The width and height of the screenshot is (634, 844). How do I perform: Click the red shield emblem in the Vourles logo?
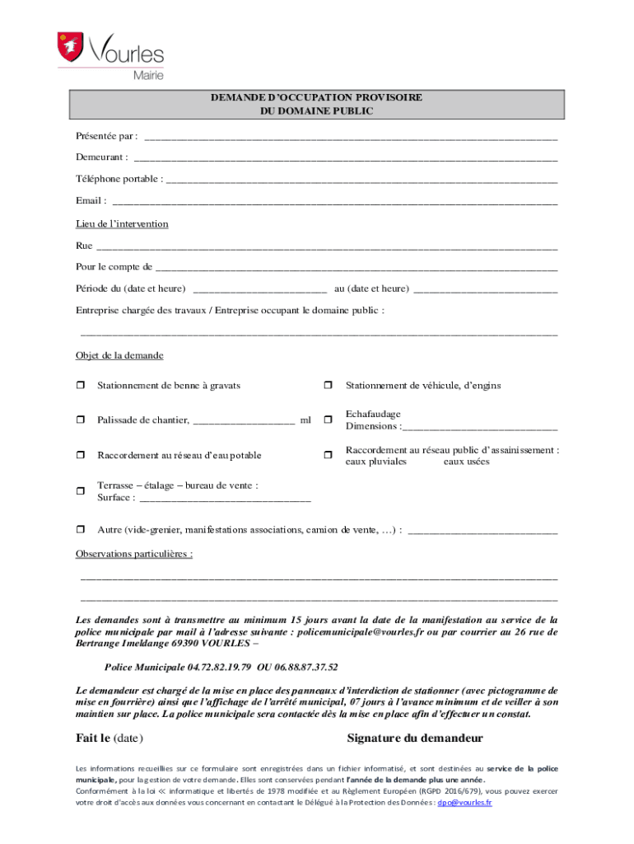72,47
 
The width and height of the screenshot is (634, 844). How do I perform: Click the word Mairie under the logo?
148,75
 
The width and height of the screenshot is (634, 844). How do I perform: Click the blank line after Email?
334,201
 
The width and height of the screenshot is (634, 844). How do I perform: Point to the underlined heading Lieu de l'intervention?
122,223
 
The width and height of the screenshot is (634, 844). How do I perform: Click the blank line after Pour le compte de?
356,268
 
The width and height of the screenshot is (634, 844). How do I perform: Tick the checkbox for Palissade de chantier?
81,420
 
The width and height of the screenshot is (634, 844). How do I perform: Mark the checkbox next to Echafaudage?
328,420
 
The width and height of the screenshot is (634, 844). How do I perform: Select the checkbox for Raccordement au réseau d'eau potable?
81,455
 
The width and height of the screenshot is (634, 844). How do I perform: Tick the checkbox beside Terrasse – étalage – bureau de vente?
81,491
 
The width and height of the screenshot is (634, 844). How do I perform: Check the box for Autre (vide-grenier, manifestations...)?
81,529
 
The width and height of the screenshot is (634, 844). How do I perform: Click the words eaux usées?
466,462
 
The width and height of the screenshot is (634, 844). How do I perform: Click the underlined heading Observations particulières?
134,554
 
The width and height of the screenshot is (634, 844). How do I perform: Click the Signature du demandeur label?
415,738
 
